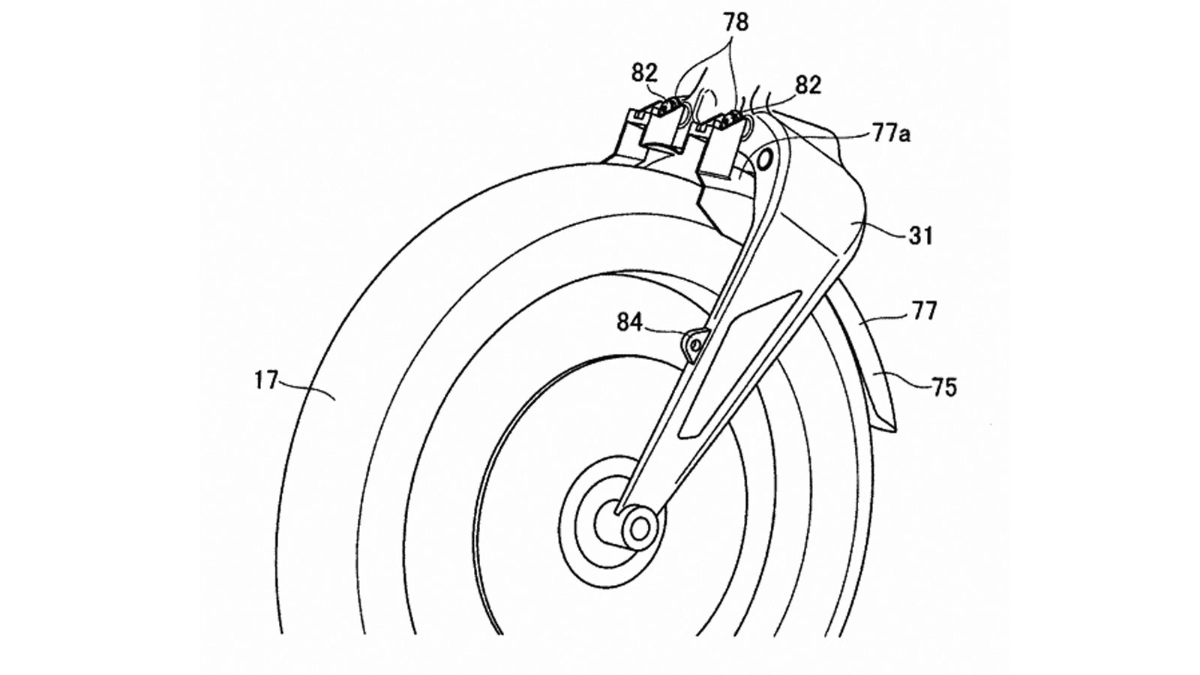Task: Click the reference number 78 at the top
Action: [736, 22]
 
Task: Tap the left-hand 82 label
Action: [644, 73]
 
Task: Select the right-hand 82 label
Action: [807, 85]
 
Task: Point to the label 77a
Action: [890, 136]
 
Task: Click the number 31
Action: [920, 236]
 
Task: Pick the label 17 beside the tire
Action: [265, 382]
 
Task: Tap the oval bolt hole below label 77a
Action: [766, 160]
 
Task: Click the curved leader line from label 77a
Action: [825, 142]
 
